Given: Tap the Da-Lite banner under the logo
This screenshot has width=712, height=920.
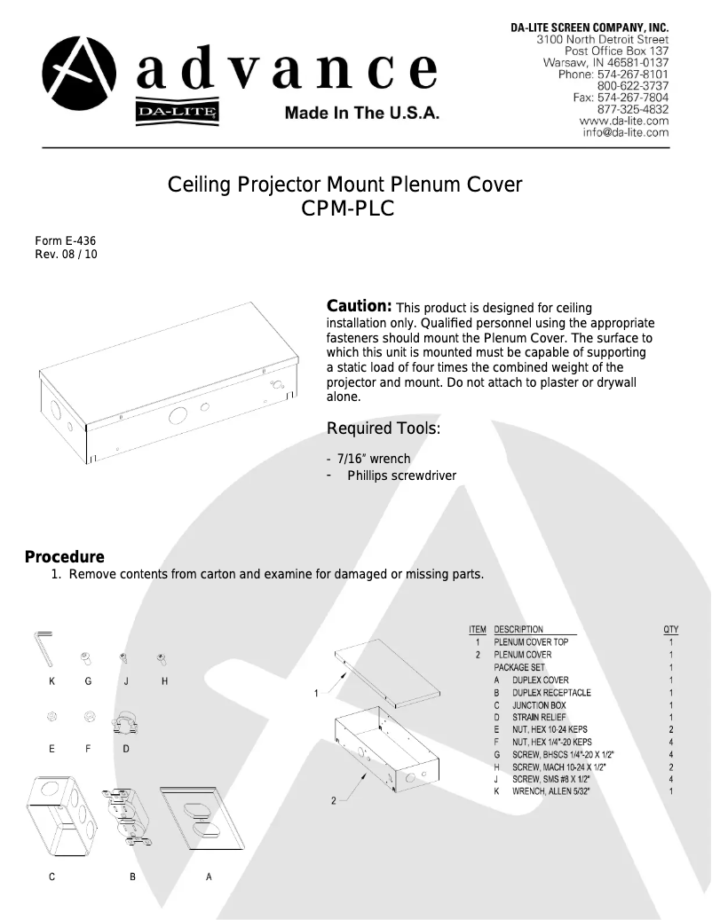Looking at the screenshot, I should (x=178, y=112).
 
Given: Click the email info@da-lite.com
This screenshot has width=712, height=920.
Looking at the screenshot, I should (x=625, y=132).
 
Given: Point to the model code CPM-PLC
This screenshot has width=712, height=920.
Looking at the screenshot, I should (x=345, y=209).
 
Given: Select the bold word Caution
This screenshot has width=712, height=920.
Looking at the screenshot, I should (x=360, y=306).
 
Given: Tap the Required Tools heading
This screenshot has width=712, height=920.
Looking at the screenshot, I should (x=384, y=429).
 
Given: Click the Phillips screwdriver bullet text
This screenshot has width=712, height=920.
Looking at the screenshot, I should (x=401, y=476).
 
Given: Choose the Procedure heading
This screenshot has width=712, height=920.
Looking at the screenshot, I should (x=64, y=557).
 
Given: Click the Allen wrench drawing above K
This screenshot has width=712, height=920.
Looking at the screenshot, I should (x=45, y=647).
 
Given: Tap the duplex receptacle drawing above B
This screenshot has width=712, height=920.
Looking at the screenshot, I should (x=130, y=815).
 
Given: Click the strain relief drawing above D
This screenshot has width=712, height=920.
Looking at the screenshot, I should (x=124, y=723).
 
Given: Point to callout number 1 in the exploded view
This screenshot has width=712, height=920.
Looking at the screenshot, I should (x=316, y=693).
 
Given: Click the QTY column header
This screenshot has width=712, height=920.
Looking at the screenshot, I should (x=670, y=629).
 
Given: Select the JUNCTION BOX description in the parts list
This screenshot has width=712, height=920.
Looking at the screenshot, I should (x=538, y=704).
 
